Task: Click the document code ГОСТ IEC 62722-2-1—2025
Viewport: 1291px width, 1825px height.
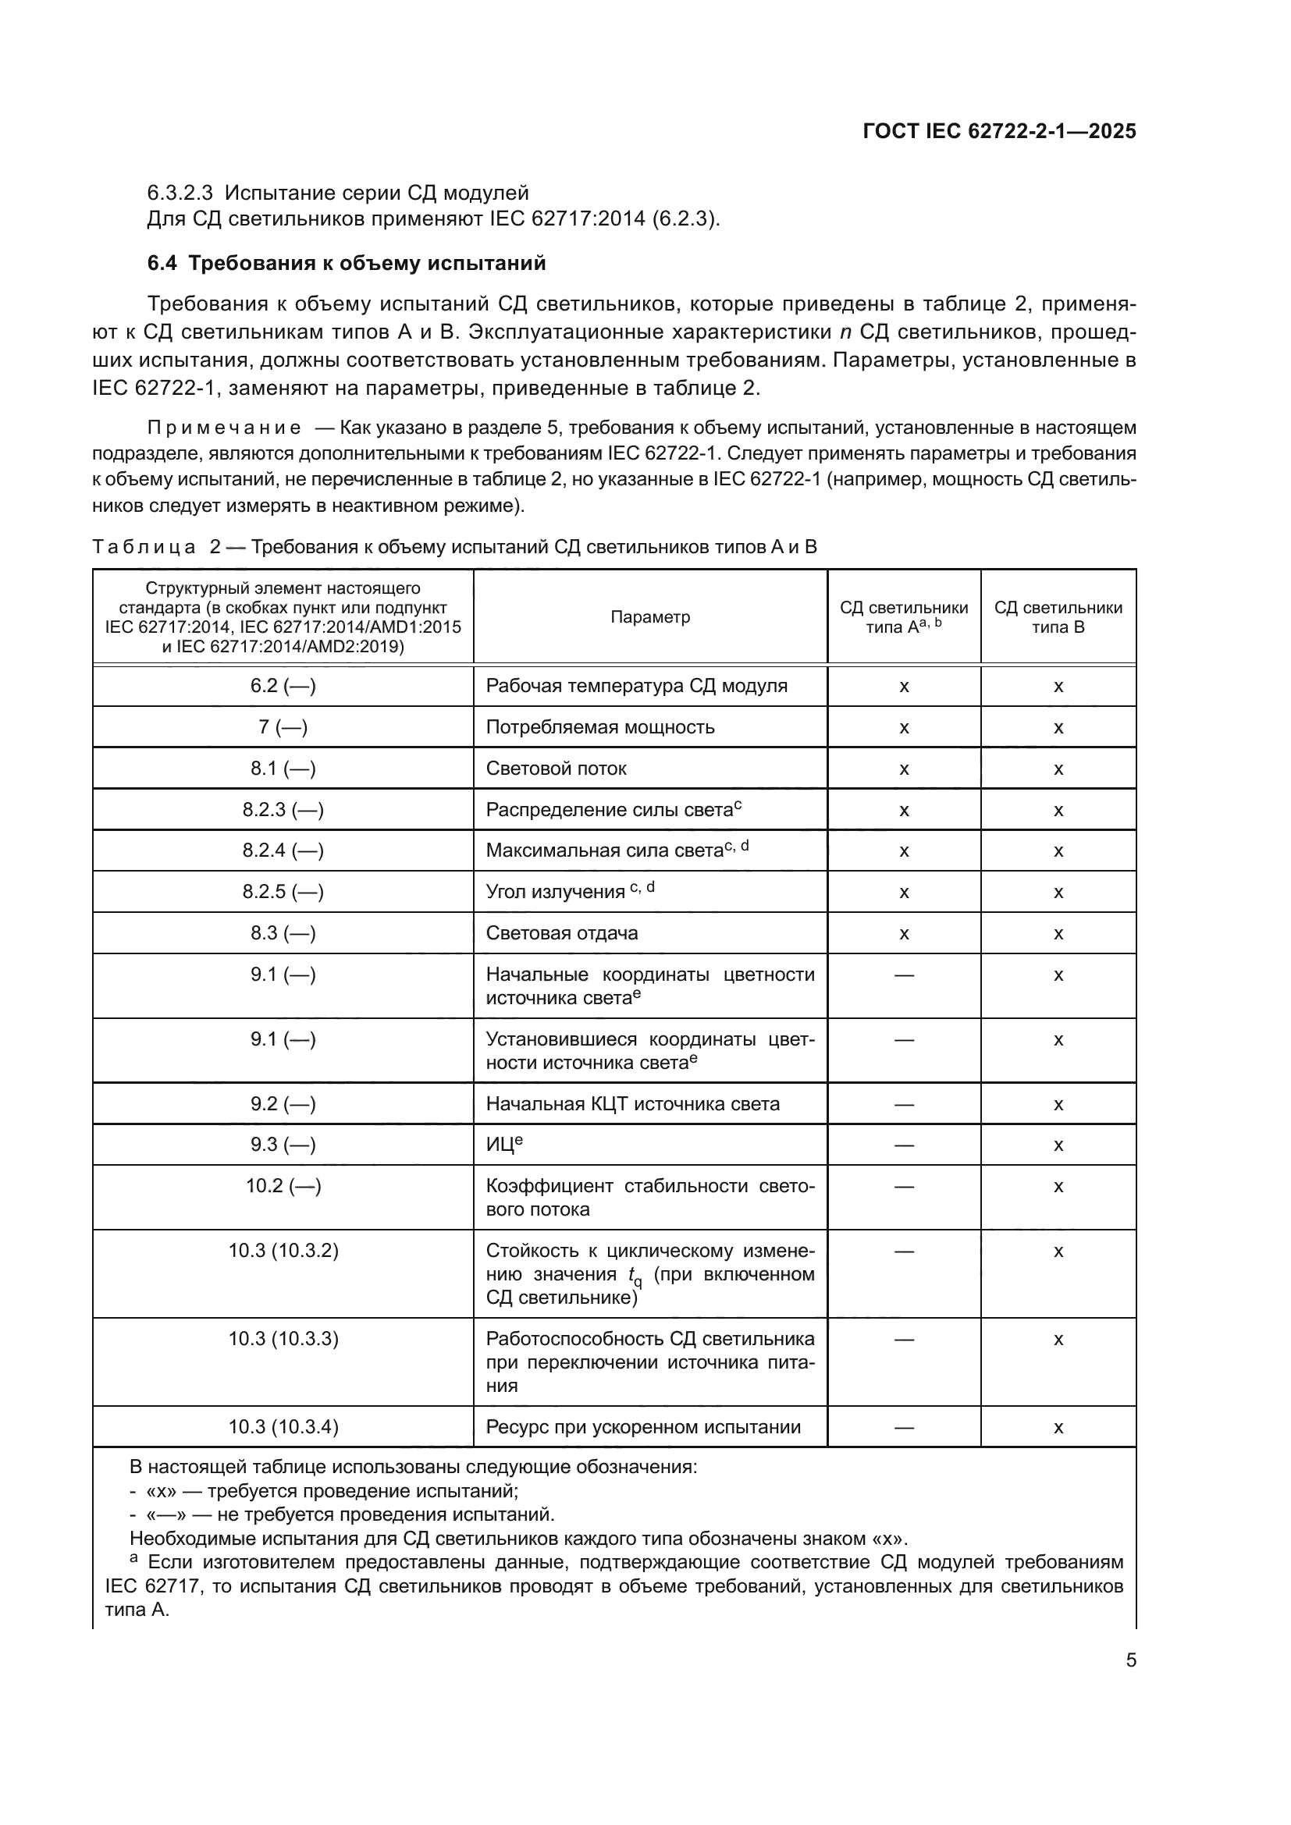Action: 999,131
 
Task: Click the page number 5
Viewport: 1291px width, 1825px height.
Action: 1130,1660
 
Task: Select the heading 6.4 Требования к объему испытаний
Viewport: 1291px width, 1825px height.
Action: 347,263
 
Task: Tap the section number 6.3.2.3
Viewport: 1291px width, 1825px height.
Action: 180,193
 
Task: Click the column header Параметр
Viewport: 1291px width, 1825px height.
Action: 649,617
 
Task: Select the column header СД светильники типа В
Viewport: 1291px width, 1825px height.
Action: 1058,617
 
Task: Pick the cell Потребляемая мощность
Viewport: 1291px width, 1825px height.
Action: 600,727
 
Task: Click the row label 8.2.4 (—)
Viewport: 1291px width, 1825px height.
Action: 283,850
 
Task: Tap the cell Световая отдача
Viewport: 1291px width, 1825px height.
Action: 561,933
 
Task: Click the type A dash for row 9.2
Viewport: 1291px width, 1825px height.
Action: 904,1104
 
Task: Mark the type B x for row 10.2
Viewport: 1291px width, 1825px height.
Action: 1058,1187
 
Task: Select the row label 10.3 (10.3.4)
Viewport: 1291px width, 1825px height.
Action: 283,1427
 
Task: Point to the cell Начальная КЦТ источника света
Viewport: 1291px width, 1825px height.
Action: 633,1104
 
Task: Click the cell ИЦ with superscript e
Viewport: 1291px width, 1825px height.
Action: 504,1145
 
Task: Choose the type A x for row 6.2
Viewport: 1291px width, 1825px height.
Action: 904,686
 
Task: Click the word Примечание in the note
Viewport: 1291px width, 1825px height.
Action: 224,428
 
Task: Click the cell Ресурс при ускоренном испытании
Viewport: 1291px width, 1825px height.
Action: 643,1427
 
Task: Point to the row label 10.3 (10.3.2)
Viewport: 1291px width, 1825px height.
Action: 283,1251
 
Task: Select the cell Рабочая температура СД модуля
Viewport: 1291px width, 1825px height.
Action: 636,686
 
